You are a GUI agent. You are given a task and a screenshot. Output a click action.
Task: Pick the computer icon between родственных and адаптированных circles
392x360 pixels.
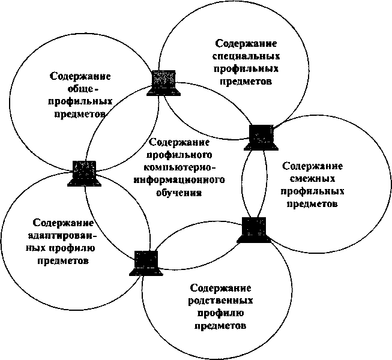[x=144, y=262]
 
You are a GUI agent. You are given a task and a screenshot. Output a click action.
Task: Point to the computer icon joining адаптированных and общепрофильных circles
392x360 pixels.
[x=83, y=173]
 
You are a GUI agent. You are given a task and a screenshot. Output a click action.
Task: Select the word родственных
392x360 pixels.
[x=220, y=300]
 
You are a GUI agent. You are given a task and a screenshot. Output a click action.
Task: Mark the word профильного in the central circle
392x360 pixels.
[x=178, y=155]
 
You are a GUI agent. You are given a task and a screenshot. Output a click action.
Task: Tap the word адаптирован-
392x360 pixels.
[x=63, y=235]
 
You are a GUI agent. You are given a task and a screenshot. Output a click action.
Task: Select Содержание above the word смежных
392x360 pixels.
[x=312, y=165]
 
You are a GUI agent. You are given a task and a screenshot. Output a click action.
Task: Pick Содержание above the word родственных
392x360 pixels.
[x=220, y=287]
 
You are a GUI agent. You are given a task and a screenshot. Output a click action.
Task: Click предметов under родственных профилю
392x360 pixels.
[x=220, y=326]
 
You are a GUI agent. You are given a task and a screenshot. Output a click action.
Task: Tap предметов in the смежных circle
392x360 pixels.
[x=312, y=204]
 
